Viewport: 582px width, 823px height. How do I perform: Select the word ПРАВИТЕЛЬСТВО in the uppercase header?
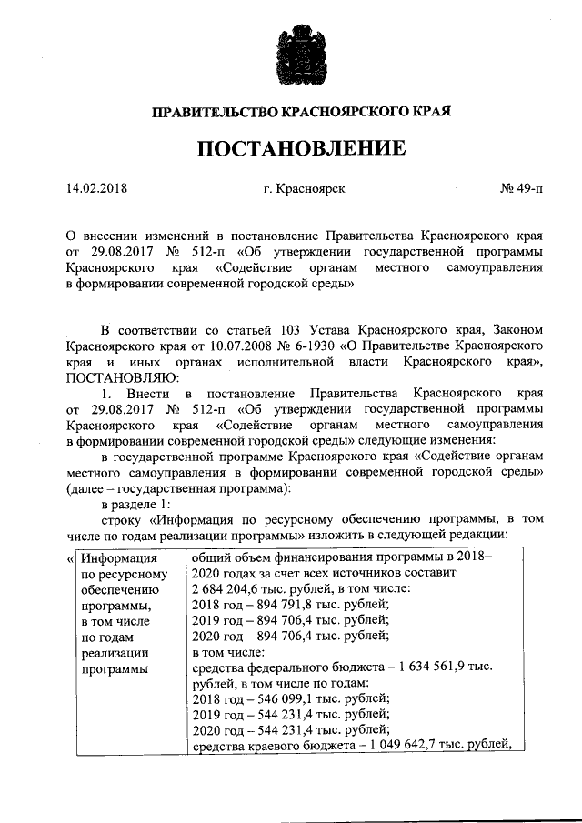[210, 112]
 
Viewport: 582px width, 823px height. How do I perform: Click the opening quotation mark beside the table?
[71, 557]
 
